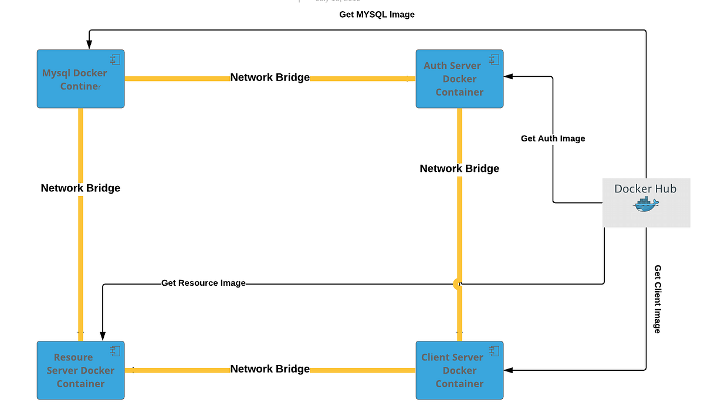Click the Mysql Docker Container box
[80, 79]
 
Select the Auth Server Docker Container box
[459, 79]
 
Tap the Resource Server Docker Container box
[80, 370]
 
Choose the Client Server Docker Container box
[459, 370]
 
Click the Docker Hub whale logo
[646, 204]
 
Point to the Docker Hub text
[645, 189]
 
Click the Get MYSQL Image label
[377, 14]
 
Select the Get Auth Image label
[553, 138]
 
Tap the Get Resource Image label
[203, 283]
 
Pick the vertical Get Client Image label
[658, 299]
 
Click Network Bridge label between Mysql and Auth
[270, 77]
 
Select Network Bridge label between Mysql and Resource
[80, 188]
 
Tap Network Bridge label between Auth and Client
[459, 168]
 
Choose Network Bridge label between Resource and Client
[270, 369]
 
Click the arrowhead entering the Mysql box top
[89, 45]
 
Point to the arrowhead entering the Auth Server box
[508, 76]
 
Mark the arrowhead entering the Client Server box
[508, 370]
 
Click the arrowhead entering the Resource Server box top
[103, 337]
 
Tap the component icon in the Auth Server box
[493, 59]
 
